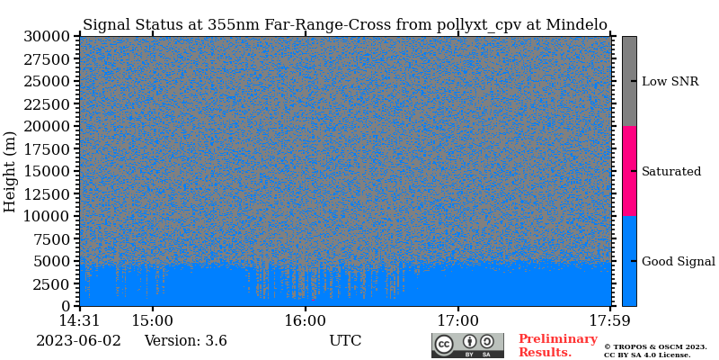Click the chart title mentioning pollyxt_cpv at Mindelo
(x=345, y=25)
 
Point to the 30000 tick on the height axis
(x=49, y=37)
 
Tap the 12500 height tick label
(x=49, y=193)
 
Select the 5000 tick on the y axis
(x=53, y=261)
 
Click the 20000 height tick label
(x=49, y=126)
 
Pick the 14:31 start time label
(x=79, y=320)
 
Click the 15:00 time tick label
(x=153, y=320)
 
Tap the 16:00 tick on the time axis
(x=306, y=320)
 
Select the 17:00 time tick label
(x=458, y=320)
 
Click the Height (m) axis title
(x=11, y=171)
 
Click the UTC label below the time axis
(x=345, y=341)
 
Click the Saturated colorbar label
(x=670, y=171)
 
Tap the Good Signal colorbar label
(x=678, y=261)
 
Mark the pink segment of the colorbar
(x=629, y=171)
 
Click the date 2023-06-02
(x=78, y=341)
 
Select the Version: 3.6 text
(x=185, y=341)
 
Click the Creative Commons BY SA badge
(x=467, y=346)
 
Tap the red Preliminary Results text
(x=557, y=346)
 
